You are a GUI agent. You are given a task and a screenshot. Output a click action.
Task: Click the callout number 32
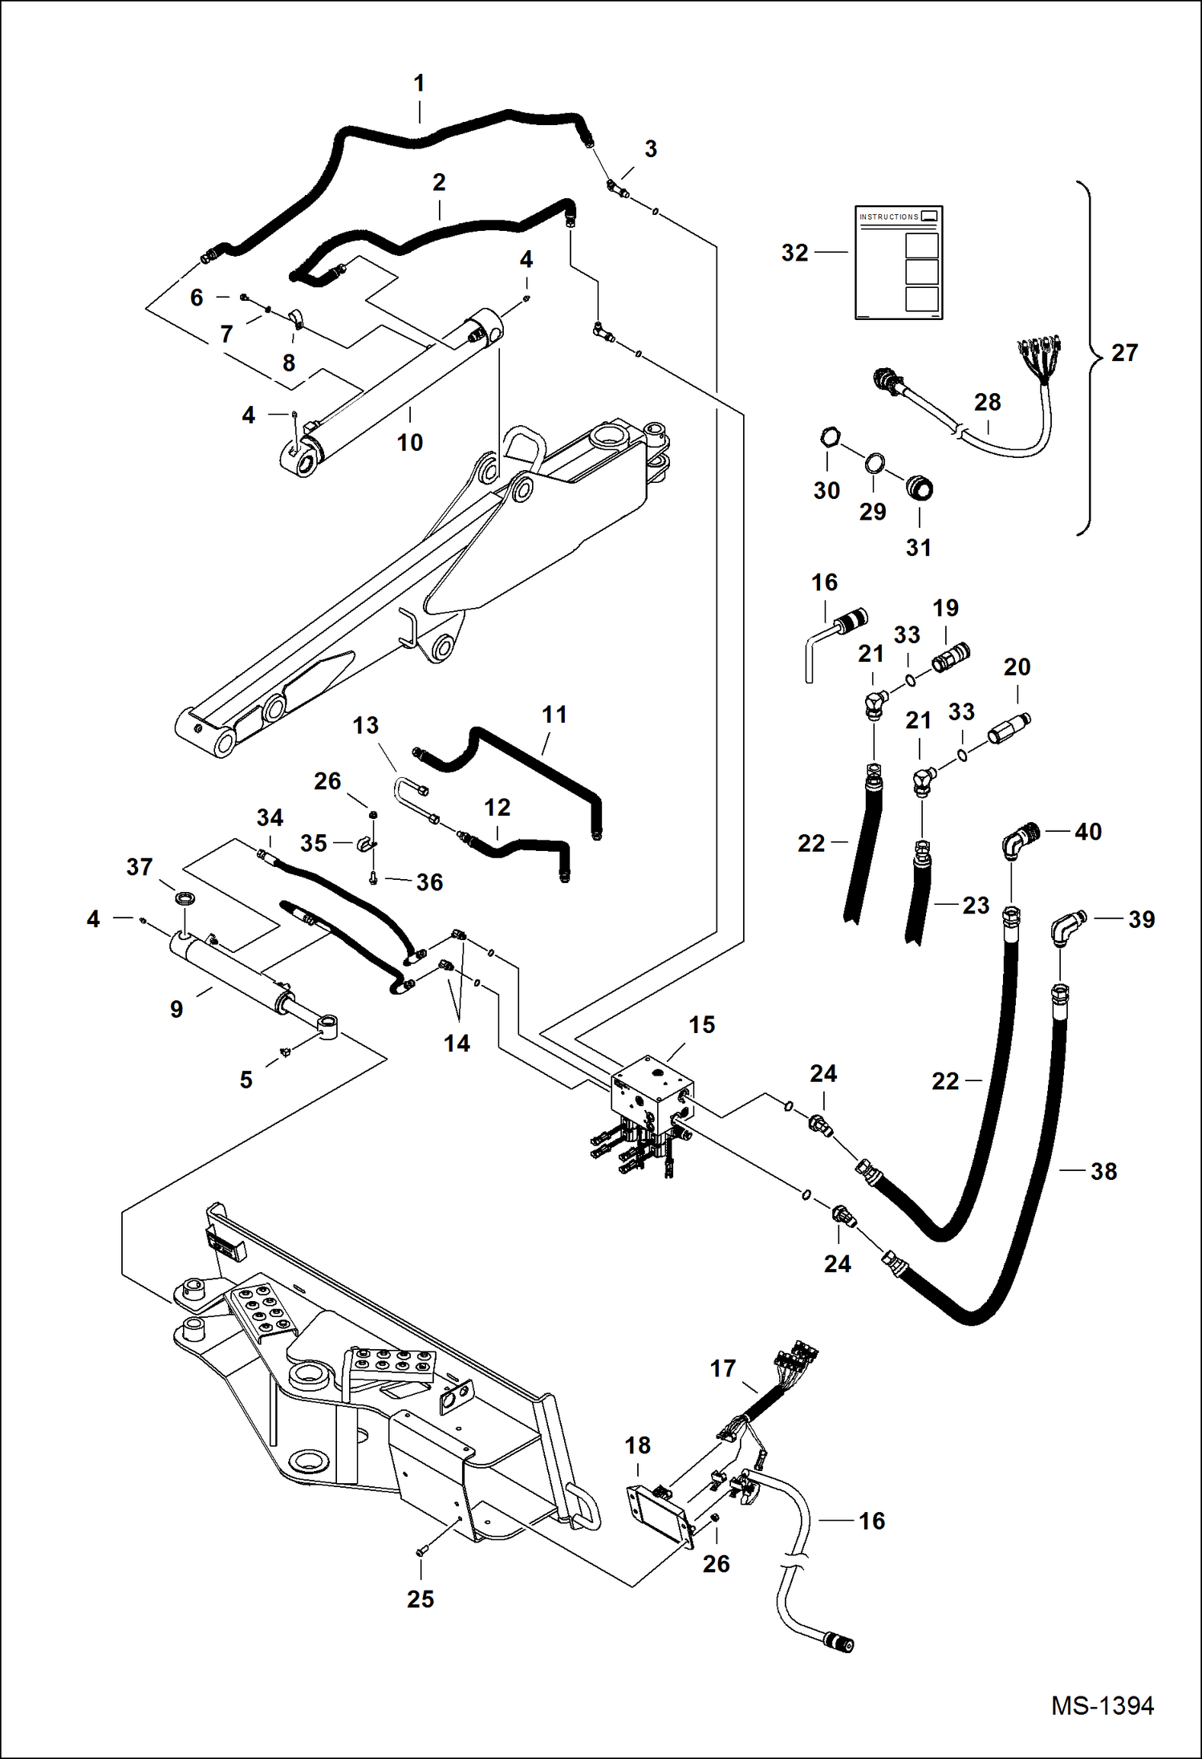point(794,253)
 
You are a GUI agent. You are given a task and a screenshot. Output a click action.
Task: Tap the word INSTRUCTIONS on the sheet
point(888,217)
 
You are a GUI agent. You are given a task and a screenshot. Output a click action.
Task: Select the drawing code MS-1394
point(1102,1706)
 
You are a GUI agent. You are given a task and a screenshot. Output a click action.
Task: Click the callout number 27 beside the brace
point(1124,353)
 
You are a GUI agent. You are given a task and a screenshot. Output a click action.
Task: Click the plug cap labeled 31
point(919,487)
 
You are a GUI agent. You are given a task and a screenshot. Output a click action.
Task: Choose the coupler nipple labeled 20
point(1009,728)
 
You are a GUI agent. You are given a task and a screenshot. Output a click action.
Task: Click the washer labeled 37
point(184,897)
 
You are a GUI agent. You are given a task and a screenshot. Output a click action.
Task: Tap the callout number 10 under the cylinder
point(409,443)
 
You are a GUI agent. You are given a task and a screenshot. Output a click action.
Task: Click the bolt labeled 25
point(420,1553)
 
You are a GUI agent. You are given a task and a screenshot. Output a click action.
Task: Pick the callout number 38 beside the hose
point(1103,1172)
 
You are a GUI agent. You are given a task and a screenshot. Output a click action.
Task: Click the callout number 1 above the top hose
point(418,83)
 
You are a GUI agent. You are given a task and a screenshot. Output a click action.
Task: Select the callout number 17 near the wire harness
point(722,1368)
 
